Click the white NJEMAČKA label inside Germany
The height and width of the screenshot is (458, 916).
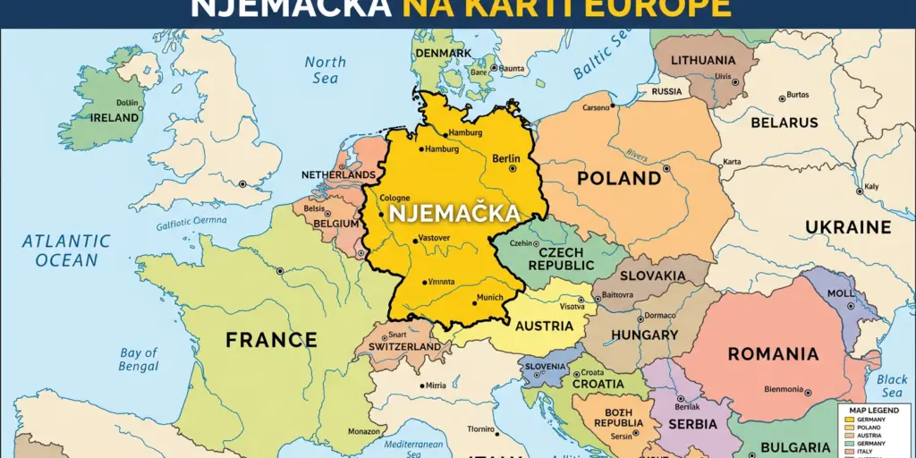tap(454, 213)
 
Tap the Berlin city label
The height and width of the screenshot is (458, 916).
tap(505, 159)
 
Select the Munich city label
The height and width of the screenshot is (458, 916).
tap(490, 297)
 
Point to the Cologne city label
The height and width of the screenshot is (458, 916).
tap(395, 199)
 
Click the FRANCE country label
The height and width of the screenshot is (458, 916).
tap(271, 340)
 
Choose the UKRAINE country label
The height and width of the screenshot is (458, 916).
tap(848, 227)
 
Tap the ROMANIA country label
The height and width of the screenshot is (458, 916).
tap(773, 354)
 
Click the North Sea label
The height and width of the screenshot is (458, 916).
tap(326, 70)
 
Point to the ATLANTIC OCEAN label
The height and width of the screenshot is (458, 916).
tap(67, 250)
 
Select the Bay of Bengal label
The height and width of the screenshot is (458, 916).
tap(139, 360)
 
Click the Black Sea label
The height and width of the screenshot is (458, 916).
tap(892, 386)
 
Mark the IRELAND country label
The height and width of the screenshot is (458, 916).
tap(114, 117)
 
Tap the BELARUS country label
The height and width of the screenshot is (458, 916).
tap(784, 123)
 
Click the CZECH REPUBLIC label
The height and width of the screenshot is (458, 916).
tap(561, 259)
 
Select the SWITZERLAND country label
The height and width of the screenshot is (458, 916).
tap(404, 346)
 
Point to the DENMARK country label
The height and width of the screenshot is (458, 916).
tap(443, 53)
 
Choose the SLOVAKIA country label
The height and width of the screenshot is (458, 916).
tap(653, 276)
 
